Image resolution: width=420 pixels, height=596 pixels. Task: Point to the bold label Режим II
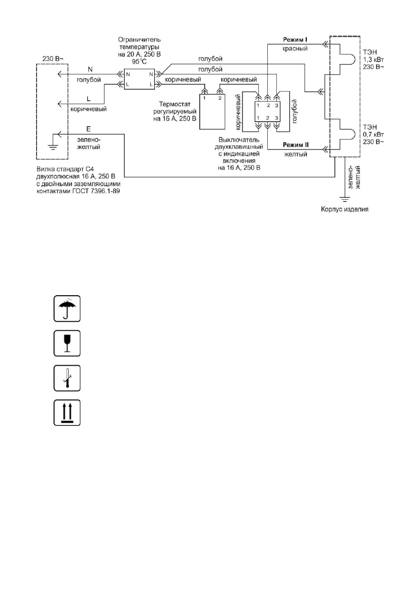point(296,144)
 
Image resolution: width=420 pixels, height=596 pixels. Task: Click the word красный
point(296,49)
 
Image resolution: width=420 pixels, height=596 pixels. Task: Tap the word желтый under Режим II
point(296,154)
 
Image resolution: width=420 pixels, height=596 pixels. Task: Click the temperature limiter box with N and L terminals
point(140,79)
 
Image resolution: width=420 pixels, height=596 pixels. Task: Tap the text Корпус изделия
point(344,210)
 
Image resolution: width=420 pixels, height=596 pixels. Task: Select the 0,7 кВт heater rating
point(371,134)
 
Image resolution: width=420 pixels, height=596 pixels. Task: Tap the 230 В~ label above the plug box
point(53,59)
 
